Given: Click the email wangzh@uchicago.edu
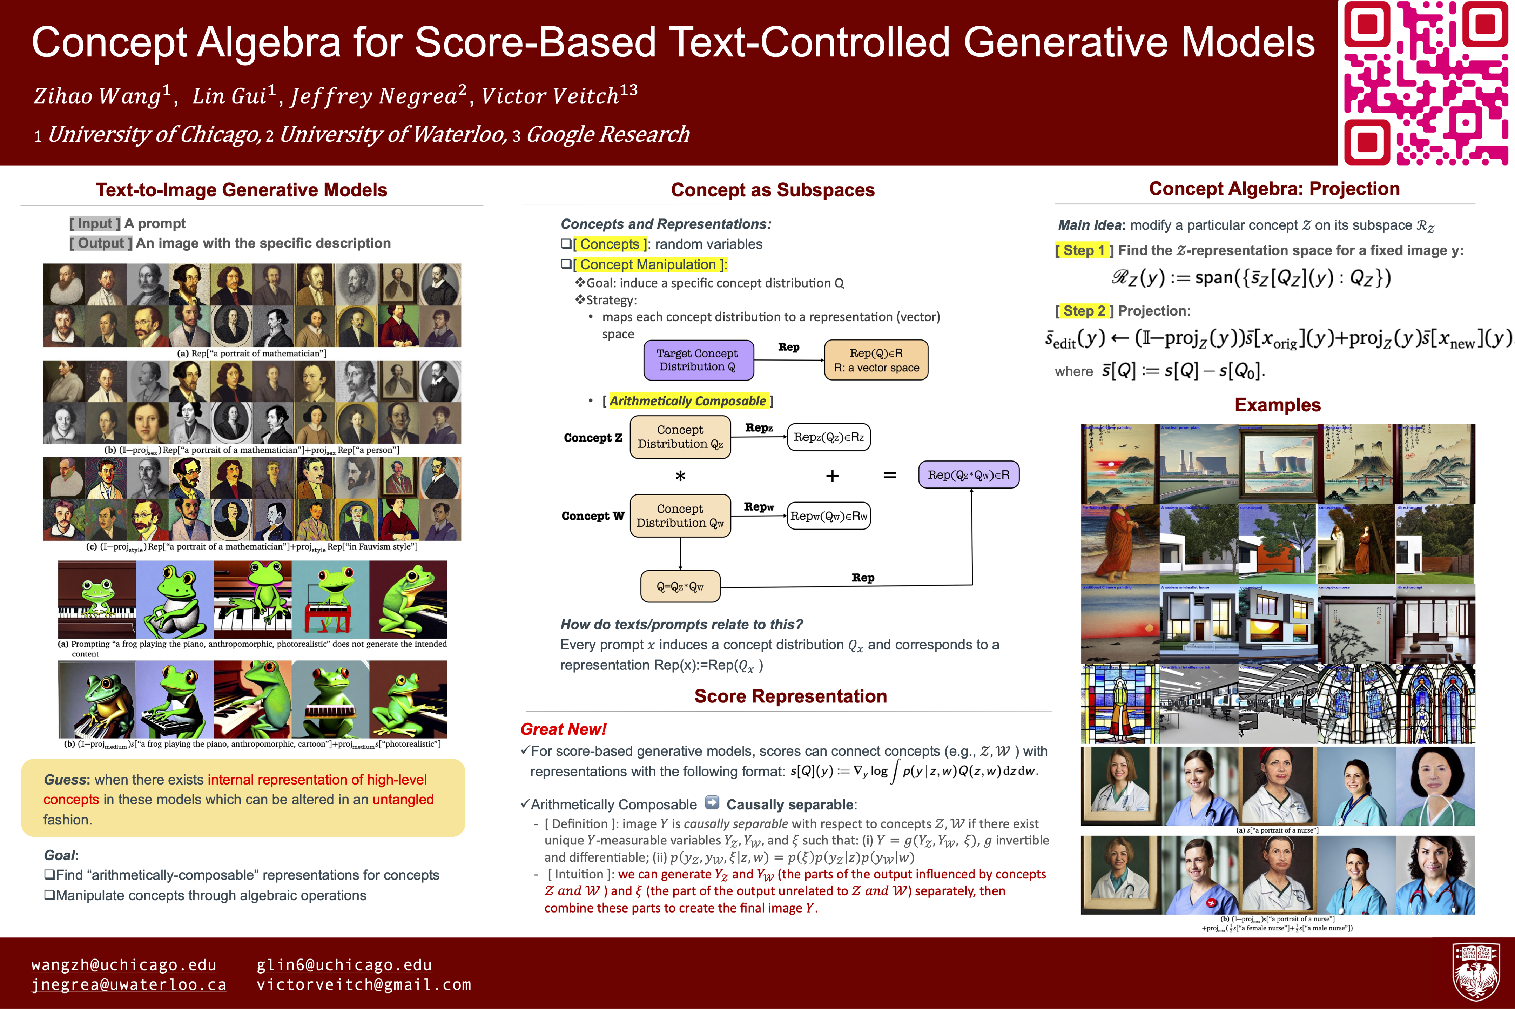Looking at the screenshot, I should (x=124, y=965).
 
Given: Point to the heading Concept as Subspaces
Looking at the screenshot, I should (x=772, y=190).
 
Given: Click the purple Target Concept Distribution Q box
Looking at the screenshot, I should (x=698, y=360).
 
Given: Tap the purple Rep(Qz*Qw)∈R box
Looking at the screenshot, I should (x=968, y=475).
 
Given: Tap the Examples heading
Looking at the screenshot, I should (x=1277, y=405).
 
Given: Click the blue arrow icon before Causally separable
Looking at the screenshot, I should (x=712, y=803).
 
